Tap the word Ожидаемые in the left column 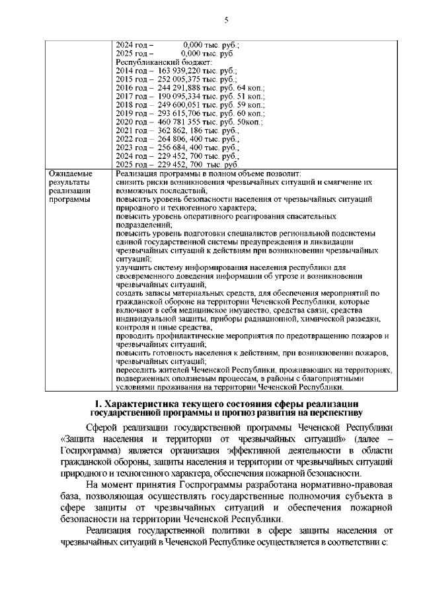point(71,174)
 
